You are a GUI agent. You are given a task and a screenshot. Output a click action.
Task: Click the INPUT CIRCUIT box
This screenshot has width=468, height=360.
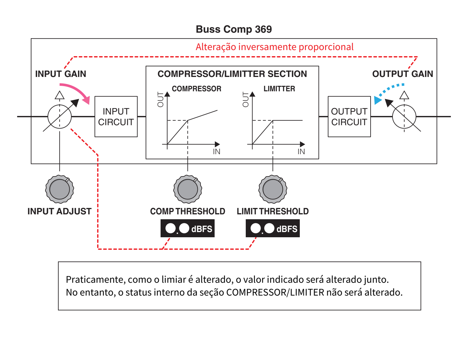coord(116,117)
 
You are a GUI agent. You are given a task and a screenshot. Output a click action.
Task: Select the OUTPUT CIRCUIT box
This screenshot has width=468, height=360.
coord(349,117)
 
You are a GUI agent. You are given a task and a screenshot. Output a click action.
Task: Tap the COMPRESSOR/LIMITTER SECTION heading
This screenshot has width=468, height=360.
coord(232,74)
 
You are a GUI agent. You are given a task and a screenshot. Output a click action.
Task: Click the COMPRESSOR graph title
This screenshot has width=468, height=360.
coord(196,89)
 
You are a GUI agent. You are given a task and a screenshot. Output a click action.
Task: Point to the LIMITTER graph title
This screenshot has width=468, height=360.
coord(279,89)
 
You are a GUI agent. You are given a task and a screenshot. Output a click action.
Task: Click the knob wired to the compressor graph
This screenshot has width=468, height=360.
coord(187,189)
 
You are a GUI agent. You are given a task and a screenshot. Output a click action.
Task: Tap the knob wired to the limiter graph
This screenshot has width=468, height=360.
coord(273,189)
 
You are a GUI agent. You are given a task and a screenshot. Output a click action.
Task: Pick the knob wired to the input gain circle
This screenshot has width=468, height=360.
coord(60,189)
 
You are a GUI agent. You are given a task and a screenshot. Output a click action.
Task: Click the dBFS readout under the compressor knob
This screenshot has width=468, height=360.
coord(187,228)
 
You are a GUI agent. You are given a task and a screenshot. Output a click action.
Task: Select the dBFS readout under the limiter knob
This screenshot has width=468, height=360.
coord(273,228)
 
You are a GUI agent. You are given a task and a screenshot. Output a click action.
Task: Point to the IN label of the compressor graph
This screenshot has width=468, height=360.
coord(216,152)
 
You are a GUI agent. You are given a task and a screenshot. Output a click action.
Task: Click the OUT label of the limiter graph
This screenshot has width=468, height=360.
coord(246,100)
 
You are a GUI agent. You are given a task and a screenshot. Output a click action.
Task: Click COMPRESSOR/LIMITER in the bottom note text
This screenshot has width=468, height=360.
coord(275,293)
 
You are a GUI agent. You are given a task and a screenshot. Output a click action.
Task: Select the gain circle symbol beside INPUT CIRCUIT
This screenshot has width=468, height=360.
coord(60,117)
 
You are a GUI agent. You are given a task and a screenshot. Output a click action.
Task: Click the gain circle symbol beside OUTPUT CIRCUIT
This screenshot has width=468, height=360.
coord(404,117)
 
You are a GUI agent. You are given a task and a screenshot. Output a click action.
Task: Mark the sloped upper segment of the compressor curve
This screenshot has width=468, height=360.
coord(203,115)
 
